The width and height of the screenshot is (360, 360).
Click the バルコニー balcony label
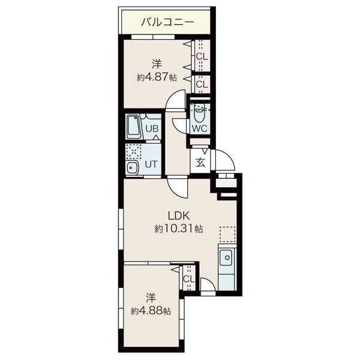pyautogui.click(x=168, y=22)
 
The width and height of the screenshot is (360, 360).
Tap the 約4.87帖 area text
pyautogui.click(x=157, y=77)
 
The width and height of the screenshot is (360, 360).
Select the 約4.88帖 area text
pyautogui.click(x=151, y=311)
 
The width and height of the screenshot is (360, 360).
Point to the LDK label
pyautogui.click(x=179, y=216)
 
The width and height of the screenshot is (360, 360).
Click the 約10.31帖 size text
pyautogui.click(x=179, y=229)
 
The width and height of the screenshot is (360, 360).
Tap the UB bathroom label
pyautogui.click(x=152, y=128)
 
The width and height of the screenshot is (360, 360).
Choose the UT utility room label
pyautogui.click(x=151, y=164)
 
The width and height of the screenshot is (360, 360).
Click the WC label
pyautogui.click(x=200, y=128)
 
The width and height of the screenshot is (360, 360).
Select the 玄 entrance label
pyautogui.click(x=200, y=163)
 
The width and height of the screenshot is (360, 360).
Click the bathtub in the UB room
pyautogui.click(x=134, y=127)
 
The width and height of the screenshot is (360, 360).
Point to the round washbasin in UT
pyautogui.click(x=132, y=167)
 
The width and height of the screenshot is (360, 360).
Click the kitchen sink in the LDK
pyautogui.click(x=227, y=258)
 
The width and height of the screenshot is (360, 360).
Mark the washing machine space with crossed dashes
pyautogui.click(x=134, y=151)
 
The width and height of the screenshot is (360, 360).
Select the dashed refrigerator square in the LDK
pyautogui.click(x=227, y=234)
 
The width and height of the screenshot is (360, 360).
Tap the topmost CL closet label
pyautogui.click(x=202, y=56)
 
